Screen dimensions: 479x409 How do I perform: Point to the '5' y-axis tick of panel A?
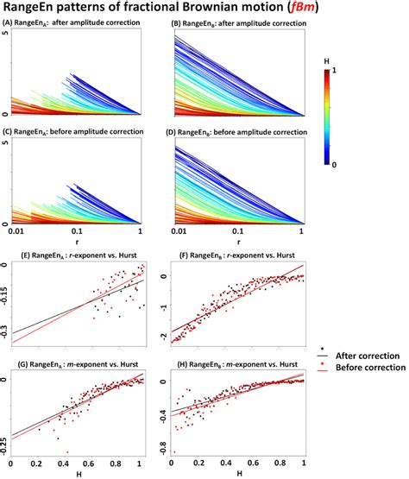point(6,33)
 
